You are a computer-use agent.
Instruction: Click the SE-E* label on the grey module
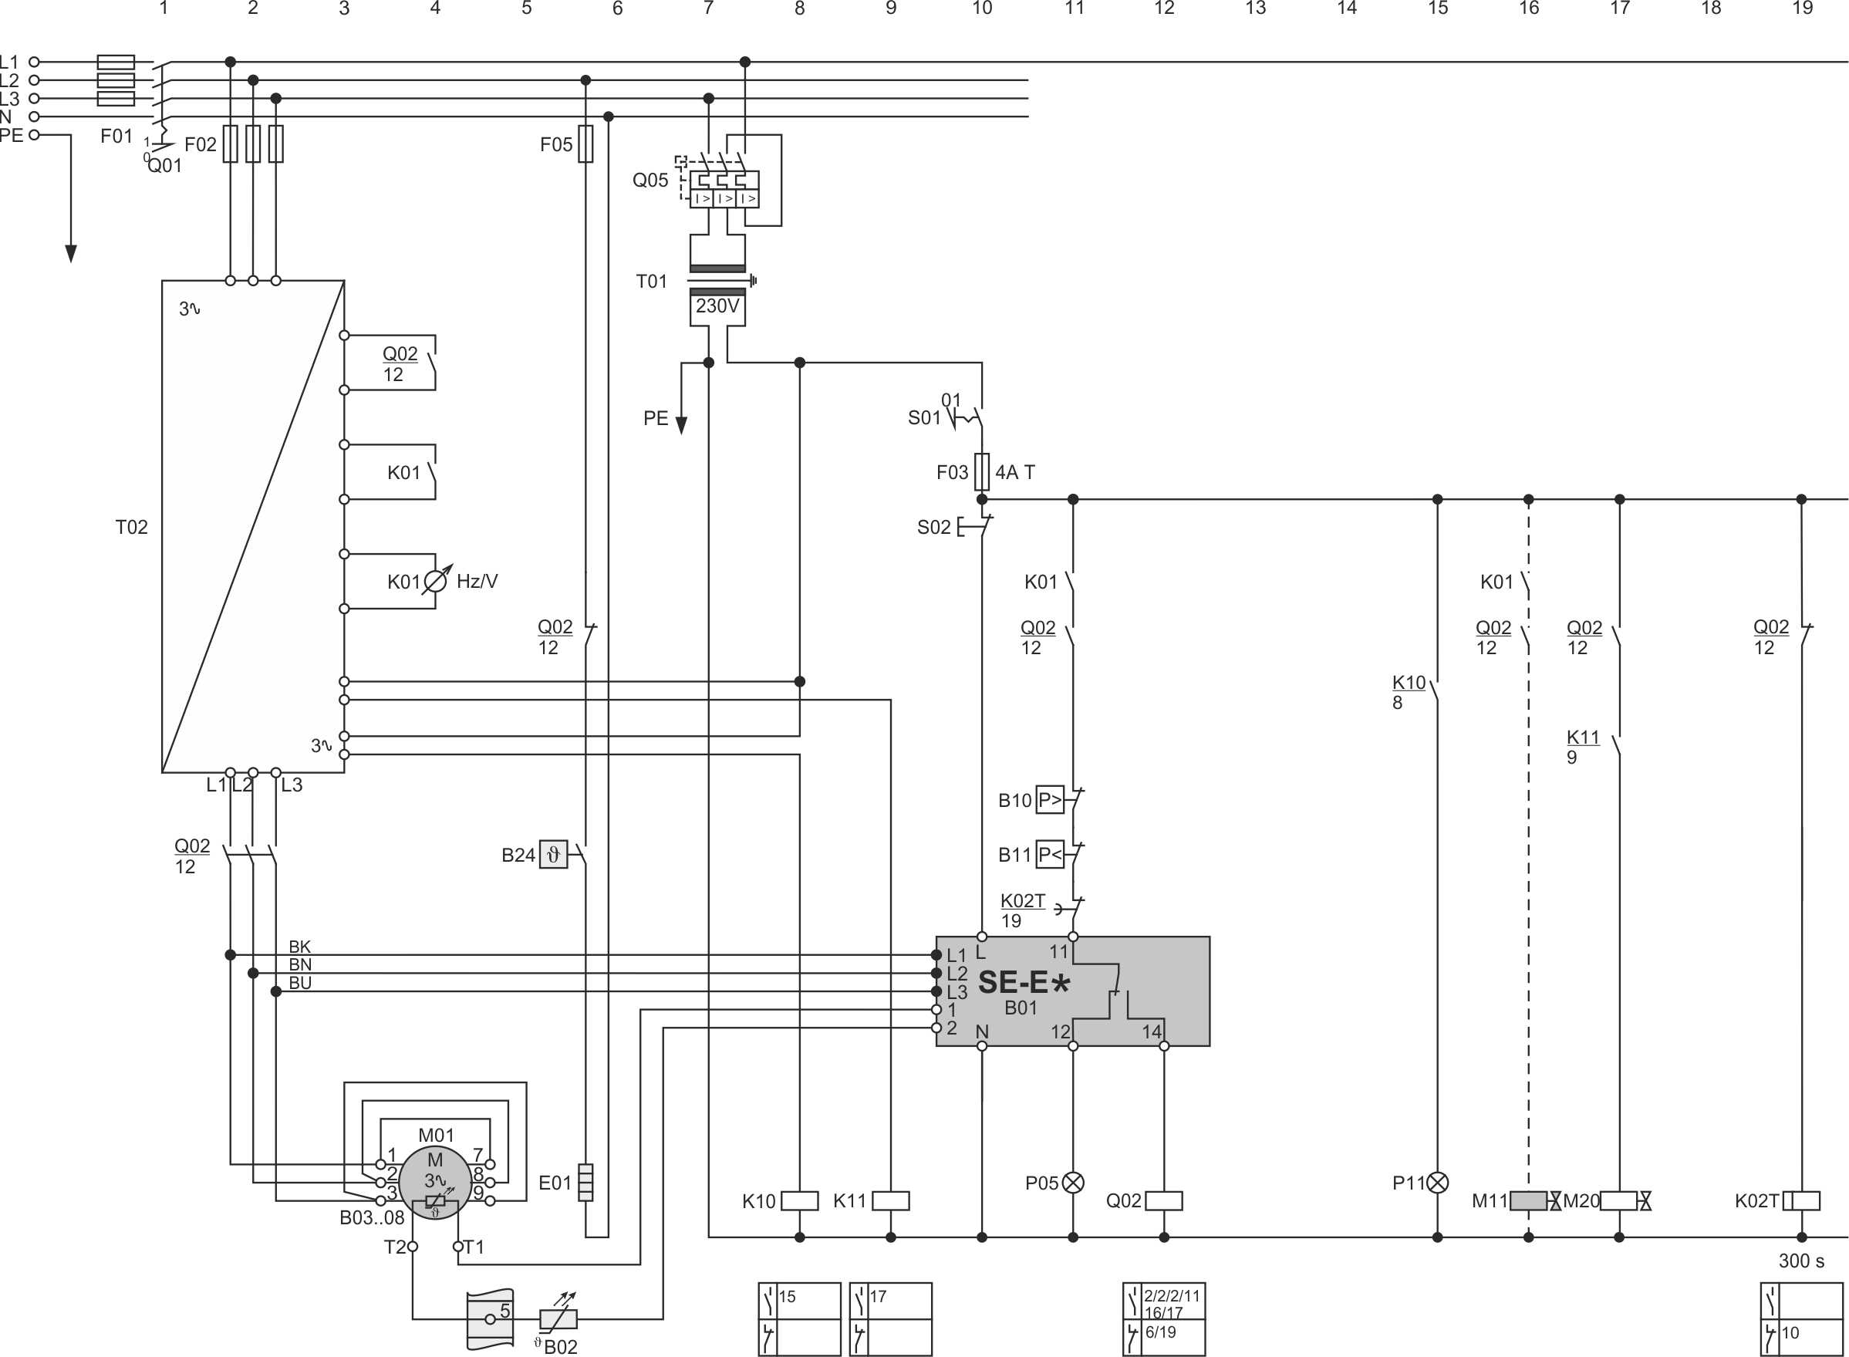pos(1024,982)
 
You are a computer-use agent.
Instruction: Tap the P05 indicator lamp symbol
pos(1073,1183)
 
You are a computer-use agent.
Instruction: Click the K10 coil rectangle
pos(799,1201)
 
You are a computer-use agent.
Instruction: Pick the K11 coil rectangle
pos(890,1201)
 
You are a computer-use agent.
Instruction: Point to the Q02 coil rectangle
pos(1164,1201)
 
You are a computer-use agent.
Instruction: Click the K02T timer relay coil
pos(1801,1201)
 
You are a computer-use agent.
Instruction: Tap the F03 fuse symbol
pos(982,471)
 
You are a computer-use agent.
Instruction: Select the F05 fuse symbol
pos(585,143)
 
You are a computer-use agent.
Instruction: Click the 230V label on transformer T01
pos(717,306)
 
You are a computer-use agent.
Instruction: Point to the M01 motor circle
pos(435,1183)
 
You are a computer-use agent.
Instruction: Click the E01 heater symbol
pos(585,1183)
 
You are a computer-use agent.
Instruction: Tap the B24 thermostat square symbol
pos(554,855)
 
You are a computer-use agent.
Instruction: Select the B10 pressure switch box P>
pos(1050,800)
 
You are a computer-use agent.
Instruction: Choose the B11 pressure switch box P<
pos(1050,855)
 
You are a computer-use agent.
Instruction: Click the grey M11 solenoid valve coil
pos(1529,1201)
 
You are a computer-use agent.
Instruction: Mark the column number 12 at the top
pos(1164,8)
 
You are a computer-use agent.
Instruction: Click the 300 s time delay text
pos(1801,1261)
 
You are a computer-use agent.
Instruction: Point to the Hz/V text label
pos(477,582)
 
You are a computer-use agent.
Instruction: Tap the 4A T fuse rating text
pos(1015,472)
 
